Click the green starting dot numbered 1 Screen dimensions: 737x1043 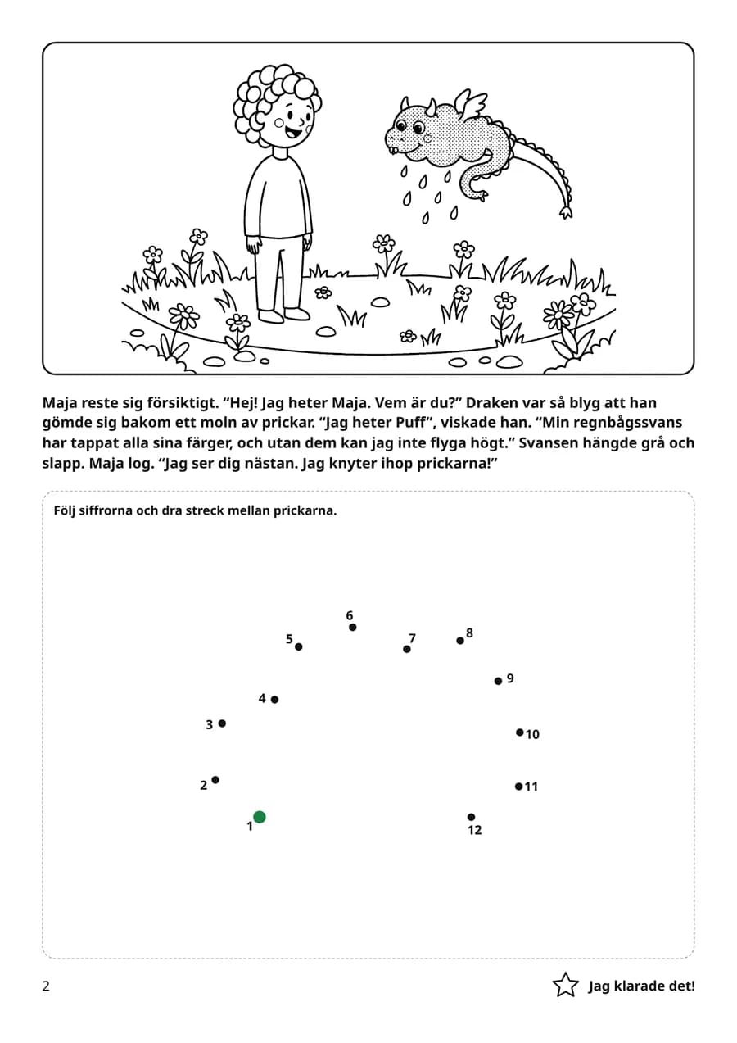[x=259, y=817]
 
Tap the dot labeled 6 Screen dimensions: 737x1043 [x=353, y=628]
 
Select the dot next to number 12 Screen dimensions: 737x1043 [x=471, y=817]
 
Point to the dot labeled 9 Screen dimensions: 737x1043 [x=498, y=681]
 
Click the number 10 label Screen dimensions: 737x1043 [x=532, y=734]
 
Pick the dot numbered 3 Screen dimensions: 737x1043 [x=222, y=723]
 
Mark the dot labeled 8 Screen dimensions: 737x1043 [x=460, y=641]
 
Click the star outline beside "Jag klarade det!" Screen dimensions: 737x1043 [x=565, y=985]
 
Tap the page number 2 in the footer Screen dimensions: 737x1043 [x=46, y=986]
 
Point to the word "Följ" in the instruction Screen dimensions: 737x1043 [x=65, y=510]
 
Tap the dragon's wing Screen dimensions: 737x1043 [x=470, y=104]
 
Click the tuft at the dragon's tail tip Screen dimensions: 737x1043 [x=566, y=212]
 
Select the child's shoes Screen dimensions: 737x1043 [x=284, y=315]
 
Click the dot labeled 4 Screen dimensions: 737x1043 [x=274, y=700]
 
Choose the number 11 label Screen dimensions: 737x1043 [x=531, y=787]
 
